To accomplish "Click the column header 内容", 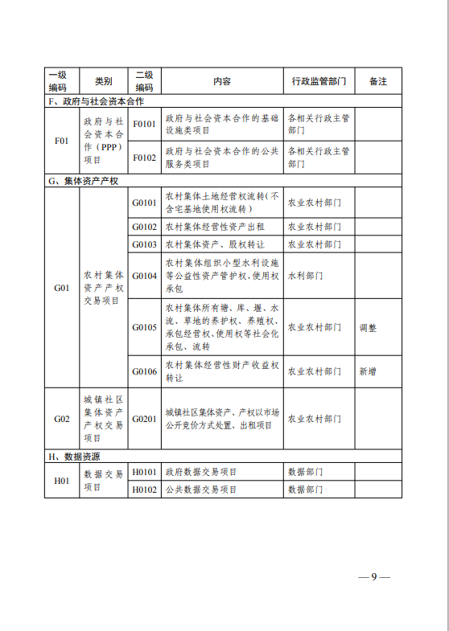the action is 222,81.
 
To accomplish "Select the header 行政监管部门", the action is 319,81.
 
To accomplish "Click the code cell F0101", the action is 144,124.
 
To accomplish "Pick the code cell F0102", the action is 144,158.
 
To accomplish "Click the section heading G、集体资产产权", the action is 83,181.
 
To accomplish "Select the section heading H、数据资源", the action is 78,456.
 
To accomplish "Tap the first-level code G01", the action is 62,287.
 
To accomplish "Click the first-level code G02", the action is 62,419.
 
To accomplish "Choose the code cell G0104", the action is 144,275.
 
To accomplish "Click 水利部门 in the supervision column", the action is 306,275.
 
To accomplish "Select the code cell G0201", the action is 144,419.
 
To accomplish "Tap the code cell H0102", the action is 144,489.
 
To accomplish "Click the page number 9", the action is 374,577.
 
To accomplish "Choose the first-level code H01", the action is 62,480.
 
